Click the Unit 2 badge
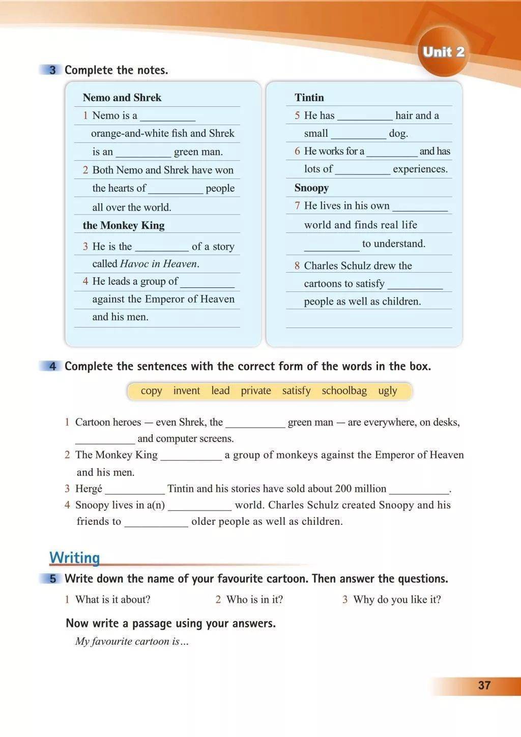point(443,52)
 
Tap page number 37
point(484,685)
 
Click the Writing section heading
point(74,557)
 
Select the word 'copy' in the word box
point(151,391)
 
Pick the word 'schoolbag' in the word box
point(344,391)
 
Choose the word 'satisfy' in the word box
point(296,391)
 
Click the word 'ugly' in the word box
point(387,391)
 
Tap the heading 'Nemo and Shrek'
point(122,98)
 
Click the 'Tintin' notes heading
point(309,98)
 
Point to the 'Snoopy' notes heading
point(311,188)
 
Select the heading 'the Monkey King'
point(124,225)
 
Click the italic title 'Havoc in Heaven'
point(158,263)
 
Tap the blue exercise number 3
point(52,70)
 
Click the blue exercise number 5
point(52,579)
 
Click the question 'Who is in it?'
point(254,599)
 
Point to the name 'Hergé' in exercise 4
point(89,489)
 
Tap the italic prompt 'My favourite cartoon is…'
point(132,641)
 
